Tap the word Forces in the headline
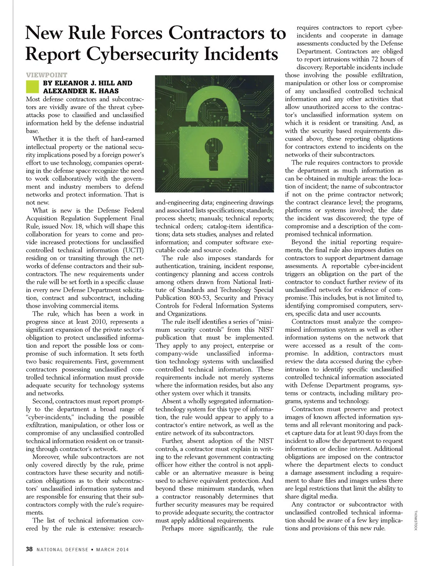tap(138, 33)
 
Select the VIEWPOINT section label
tap(46, 75)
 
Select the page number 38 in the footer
tap(29, 549)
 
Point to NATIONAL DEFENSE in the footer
tap(62, 550)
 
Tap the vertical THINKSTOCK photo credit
tap(415, 520)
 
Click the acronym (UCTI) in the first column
tap(133, 250)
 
